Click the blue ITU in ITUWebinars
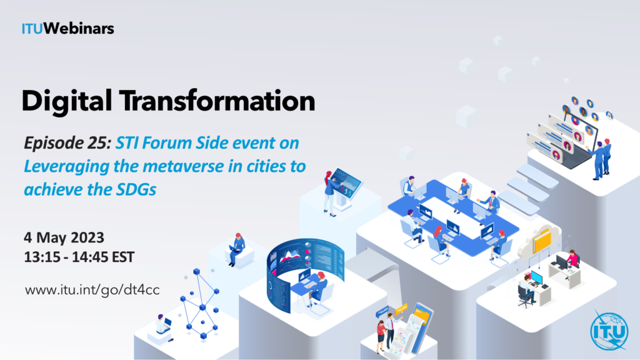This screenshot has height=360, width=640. pos(32,29)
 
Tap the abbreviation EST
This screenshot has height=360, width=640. pos(123,257)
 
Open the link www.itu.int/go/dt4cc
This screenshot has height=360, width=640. pos(92,290)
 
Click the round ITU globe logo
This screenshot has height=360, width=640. pos(609,331)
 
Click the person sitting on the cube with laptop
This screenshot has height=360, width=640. pos(236,249)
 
